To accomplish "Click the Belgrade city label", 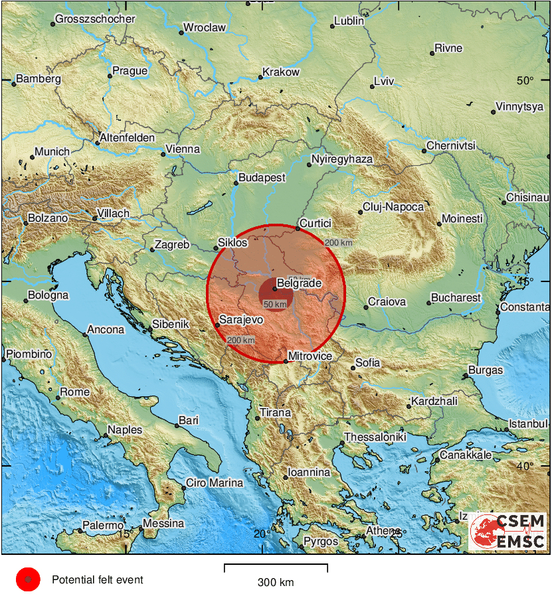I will tap(299, 283).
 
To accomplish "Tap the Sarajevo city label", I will tap(242, 320).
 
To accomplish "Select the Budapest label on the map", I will tap(262, 178).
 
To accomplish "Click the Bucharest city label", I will tap(456, 298).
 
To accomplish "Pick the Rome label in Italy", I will tap(75, 392).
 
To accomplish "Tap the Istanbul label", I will tap(528, 424).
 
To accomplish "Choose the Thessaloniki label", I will tap(375, 438).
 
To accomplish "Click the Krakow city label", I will tap(281, 72).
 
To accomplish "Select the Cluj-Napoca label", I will tap(393, 207).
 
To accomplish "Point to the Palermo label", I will tap(103, 526).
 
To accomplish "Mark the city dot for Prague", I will tap(110, 76).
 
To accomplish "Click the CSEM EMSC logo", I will tap(508, 532).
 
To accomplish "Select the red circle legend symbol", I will tap(28, 580).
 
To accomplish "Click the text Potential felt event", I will tap(98, 580).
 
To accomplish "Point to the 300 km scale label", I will tap(276, 583).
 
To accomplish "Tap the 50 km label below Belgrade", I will tap(276, 304).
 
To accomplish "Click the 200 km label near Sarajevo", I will tap(240, 340).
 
